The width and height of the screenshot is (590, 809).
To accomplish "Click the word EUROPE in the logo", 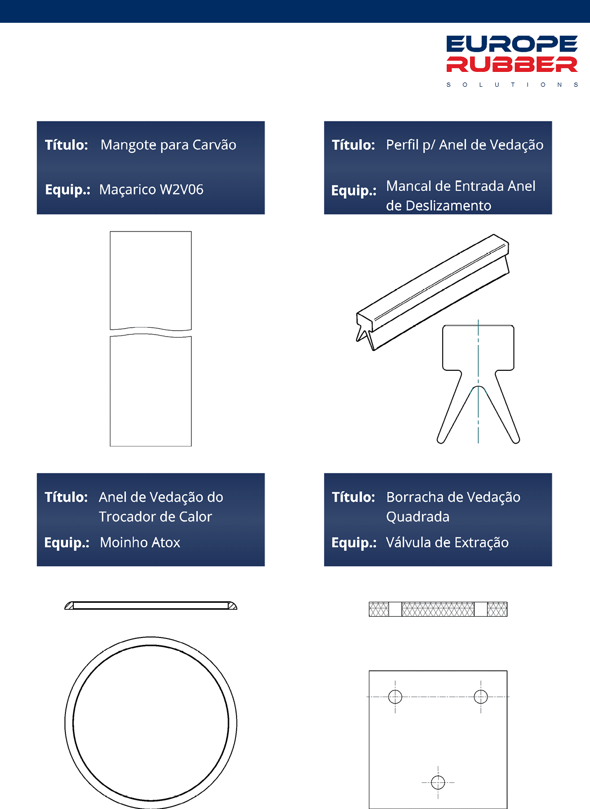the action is pyautogui.click(x=512, y=44).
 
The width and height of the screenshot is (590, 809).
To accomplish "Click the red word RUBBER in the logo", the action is pyautogui.click(x=512, y=64).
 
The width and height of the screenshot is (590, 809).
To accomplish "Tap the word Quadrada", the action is pyautogui.click(x=417, y=517).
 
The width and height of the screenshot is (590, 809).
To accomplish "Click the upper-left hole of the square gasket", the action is pyautogui.click(x=395, y=696).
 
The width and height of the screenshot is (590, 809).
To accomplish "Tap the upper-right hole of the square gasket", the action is pyautogui.click(x=480, y=696).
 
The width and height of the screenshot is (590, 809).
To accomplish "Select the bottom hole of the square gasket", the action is pyautogui.click(x=438, y=783).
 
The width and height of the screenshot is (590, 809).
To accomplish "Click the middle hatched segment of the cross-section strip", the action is pyautogui.click(x=438, y=609).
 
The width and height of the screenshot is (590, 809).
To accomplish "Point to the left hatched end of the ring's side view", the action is pyautogui.click(x=69, y=606).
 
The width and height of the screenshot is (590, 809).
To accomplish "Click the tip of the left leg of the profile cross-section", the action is pyautogui.click(x=440, y=441).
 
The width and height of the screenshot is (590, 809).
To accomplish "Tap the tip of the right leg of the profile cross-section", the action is pyautogui.click(x=516, y=441).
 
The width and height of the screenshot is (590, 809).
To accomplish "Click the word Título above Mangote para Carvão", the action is pyautogui.click(x=66, y=145).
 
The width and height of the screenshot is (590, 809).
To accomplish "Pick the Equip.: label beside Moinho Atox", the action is pyautogui.click(x=67, y=543).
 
